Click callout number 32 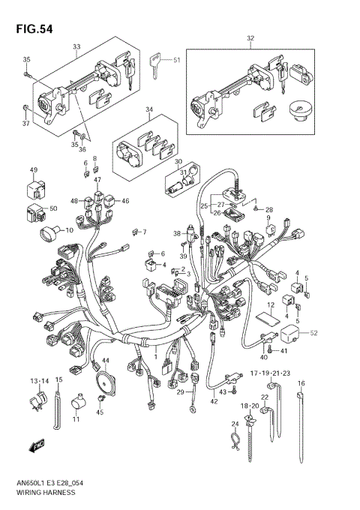point(250,37)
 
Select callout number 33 point(76,46)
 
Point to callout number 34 point(148,109)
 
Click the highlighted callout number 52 point(314,333)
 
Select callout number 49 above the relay point(34,171)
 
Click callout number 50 point(52,208)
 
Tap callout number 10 point(69,230)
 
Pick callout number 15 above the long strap point(58,381)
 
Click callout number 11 point(76,418)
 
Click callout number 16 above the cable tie point(301,383)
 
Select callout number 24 point(234,424)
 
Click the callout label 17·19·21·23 point(269,373)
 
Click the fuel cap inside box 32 point(299,111)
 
